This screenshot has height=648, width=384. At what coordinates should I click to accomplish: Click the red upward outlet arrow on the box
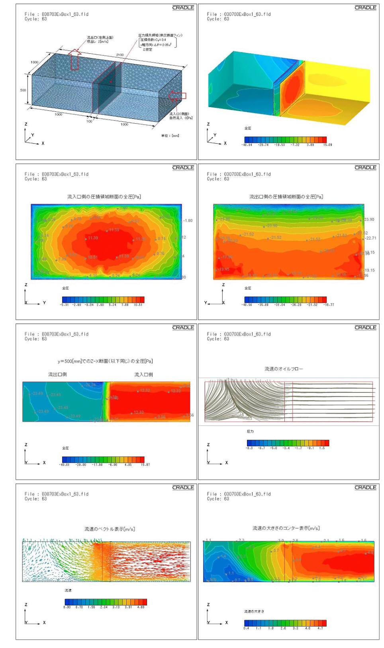click(74, 59)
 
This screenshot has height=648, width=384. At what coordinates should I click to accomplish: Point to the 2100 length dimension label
click(120, 55)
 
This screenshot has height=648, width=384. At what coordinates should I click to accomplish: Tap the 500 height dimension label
click(23, 90)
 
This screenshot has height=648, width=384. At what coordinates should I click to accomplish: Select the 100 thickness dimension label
click(89, 121)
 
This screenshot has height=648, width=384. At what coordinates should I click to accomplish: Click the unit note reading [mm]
click(170, 136)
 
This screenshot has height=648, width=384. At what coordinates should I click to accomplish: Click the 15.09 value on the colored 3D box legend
click(327, 145)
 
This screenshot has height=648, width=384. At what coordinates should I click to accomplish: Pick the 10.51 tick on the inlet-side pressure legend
click(138, 305)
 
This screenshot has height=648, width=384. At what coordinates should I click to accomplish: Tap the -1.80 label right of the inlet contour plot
click(188, 221)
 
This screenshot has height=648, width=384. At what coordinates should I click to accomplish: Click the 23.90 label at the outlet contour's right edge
click(369, 219)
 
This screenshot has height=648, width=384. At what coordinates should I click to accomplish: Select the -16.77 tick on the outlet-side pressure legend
click(329, 305)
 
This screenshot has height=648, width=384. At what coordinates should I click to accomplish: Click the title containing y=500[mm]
click(105, 361)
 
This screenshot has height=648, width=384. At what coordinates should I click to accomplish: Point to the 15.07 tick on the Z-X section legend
click(145, 465)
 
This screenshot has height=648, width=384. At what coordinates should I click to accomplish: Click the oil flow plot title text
click(284, 369)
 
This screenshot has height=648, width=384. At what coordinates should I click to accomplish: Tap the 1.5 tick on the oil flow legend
click(322, 448)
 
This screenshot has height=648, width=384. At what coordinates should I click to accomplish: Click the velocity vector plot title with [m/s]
click(110, 529)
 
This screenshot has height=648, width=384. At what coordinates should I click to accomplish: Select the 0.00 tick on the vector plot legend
click(67, 607)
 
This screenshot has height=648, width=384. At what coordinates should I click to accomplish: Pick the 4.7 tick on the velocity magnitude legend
click(320, 628)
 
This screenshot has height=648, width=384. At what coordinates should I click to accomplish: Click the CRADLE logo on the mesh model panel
click(183, 8)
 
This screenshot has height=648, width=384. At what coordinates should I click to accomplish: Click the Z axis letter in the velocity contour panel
click(208, 605)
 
